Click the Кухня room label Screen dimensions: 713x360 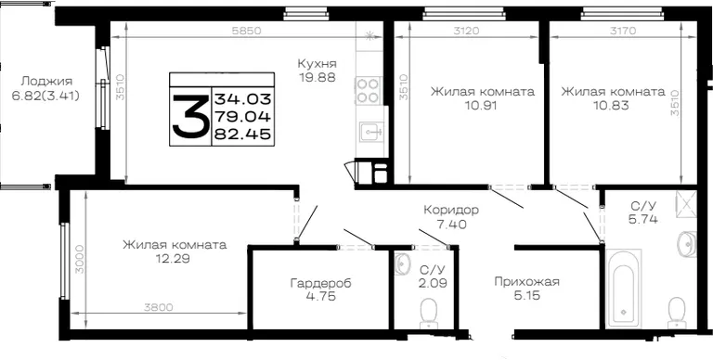[x=318, y=63]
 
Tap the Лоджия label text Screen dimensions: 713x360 [x=46, y=82]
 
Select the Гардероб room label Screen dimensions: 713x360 [x=321, y=283]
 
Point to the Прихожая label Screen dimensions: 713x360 [x=527, y=282]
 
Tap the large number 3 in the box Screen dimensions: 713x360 [x=189, y=115]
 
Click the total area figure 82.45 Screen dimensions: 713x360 [x=243, y=134]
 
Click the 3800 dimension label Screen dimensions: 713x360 [x=158, y=307]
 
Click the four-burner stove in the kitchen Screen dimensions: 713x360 [x=369, y=90]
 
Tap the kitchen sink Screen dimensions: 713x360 [x=372, y=133]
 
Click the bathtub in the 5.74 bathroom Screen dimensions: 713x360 [x=623, y=289]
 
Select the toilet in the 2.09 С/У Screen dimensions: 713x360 [x=428, y=313]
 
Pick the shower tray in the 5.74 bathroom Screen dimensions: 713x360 [x=686, y=204]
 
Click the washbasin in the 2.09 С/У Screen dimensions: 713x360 [x=401, y=264]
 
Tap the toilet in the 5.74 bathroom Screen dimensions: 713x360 [x=677, y=313]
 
